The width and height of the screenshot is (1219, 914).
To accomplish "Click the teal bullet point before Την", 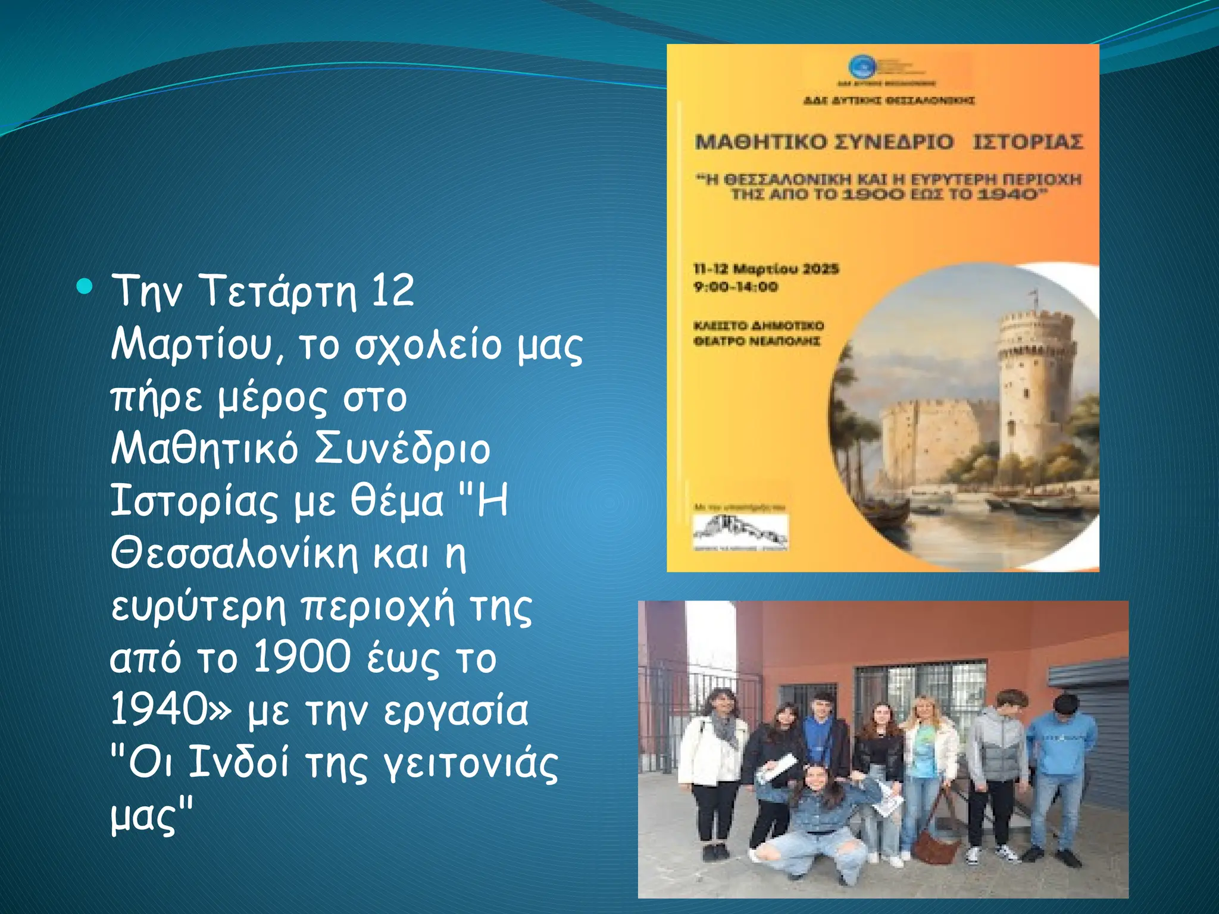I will click(85, 287).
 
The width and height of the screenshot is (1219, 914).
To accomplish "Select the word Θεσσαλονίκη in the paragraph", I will click(235, 553).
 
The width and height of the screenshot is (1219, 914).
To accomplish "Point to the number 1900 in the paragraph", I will click(302, 658).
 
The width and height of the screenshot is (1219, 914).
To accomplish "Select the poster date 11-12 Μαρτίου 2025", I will click(766, 269).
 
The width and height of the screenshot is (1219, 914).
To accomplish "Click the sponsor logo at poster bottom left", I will click(740, 531).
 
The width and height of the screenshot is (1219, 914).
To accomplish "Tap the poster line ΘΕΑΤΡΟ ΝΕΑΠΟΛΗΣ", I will click(757, 341).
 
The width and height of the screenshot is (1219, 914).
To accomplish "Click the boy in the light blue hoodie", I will click(1061, 768).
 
